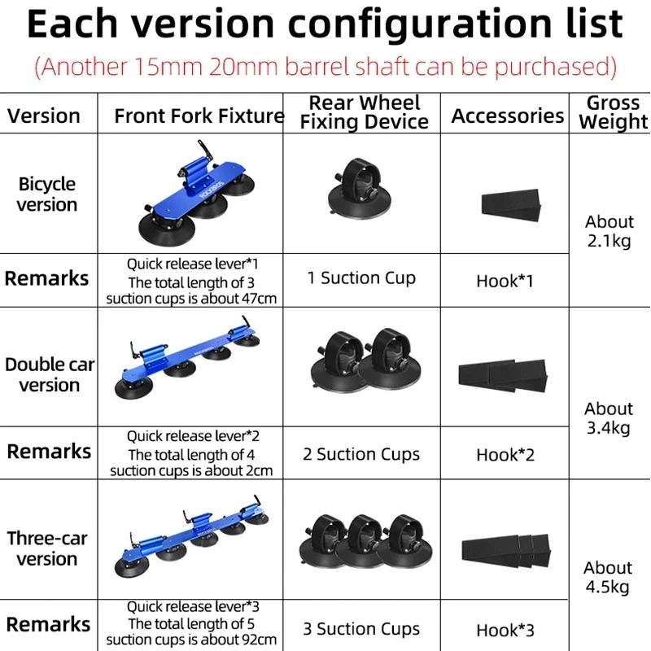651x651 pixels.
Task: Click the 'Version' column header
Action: click(44, 116)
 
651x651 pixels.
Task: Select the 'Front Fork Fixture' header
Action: click(199, 116)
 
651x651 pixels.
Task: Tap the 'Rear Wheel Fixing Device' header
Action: click(364, 113)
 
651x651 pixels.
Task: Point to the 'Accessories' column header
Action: click(508, 116)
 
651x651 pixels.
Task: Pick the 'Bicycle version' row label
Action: click(46, 194)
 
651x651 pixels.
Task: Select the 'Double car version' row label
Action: click(49, 374)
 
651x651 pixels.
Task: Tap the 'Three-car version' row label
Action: click(46, 548)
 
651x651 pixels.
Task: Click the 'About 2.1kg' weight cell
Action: click(609, 231)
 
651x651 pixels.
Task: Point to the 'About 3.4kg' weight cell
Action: click(609, 418)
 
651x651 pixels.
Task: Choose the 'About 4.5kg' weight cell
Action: click(609, 577)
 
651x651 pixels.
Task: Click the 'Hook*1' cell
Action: click(505, 281)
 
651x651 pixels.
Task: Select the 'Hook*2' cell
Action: click(505, 455)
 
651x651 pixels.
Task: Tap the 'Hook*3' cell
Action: click(505, 630)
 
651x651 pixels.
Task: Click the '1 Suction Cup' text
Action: click(361, 278)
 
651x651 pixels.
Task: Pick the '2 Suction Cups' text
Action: click(361, 454)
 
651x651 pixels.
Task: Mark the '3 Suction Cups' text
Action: click(361, 629)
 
